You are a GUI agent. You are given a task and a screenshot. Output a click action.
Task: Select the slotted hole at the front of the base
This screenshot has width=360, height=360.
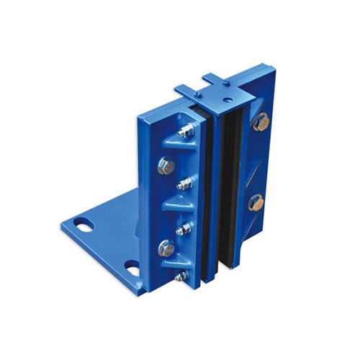click(132, 268)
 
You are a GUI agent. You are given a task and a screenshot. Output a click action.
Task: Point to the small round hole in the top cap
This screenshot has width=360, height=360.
click(228, 94)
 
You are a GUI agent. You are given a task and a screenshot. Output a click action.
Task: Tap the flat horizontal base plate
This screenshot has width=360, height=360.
click(108, 238)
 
